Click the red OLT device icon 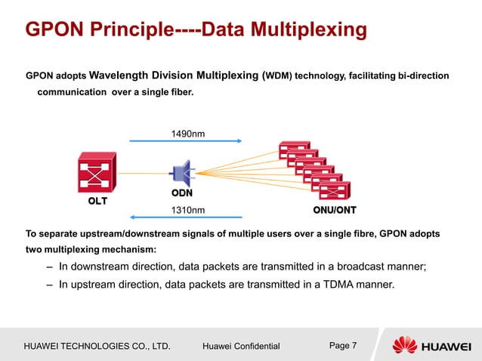(97, 173)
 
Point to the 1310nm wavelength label (189, 209)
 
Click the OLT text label (96, 202)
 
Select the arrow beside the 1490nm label (185, 140)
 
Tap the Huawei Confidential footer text (241, 346)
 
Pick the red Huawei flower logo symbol (403, 345)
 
